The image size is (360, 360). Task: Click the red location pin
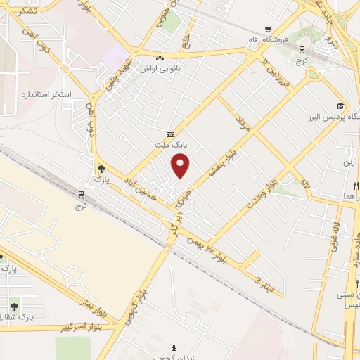[181, 165]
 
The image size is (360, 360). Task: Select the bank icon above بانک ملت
[169, 134]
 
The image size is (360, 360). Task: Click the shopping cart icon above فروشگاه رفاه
[267, 29]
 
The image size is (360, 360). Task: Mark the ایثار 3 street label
[263, 283]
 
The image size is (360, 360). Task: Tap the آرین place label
[350, 162]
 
